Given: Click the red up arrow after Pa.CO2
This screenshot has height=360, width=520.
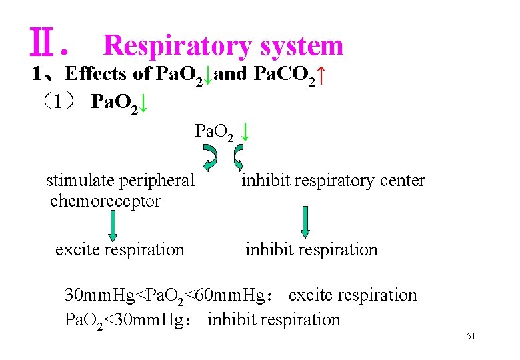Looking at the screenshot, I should point(321,75).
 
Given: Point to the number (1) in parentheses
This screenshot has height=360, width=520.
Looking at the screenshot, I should point(59,102).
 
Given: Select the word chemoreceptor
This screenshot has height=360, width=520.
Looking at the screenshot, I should point(105,201).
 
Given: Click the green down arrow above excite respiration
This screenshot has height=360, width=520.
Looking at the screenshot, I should point(112,223).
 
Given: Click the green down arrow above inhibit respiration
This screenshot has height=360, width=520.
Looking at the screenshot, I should point(305,222).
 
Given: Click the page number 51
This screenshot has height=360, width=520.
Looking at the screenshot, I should point(471,337).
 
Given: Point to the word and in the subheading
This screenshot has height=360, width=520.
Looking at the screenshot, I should point(231,73).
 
